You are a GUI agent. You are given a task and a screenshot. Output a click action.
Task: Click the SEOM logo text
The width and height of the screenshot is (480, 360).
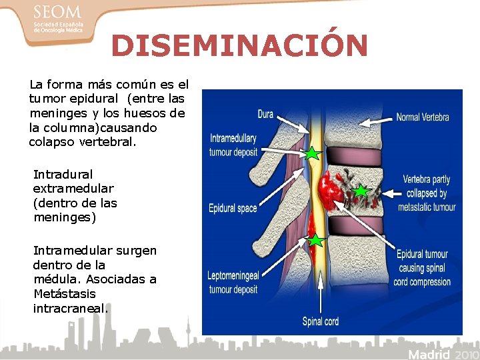tap(56, 13)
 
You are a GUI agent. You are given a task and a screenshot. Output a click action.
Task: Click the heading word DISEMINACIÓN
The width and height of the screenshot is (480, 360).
tap(239, 46)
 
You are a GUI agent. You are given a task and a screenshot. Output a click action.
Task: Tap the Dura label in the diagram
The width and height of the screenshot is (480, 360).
tap(265, 115)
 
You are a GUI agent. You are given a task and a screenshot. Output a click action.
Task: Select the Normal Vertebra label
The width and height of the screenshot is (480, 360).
tap(423, 117)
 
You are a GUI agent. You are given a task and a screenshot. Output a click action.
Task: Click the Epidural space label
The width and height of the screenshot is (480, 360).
tap(233, 209)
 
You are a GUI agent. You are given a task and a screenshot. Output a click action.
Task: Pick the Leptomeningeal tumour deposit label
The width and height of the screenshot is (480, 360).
tap(233, 283)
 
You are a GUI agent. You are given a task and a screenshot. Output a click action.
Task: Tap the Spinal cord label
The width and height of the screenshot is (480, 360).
tap(320, 321)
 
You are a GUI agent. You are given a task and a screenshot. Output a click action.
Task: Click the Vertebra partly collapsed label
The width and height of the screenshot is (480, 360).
tap(427, 193)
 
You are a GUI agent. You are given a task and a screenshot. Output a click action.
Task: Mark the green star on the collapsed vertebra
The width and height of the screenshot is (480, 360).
tap(361, 192)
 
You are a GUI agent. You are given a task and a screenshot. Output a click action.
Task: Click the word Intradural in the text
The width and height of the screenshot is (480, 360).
tap(63, 174)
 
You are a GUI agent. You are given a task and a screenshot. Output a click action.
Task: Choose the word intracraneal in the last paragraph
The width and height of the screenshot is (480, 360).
tap(70, 308)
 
